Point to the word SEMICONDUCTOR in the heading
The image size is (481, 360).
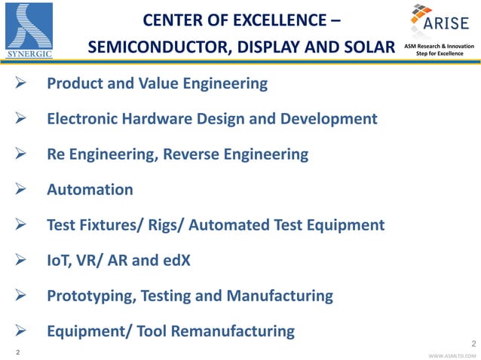tap(152, 48)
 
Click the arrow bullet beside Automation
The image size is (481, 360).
tap(22, 190)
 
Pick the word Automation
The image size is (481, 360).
tap(90, 190)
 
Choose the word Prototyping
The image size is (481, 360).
tap(90, 296)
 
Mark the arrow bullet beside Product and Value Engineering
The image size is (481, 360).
tap(22, 84)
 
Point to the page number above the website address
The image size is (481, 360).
tap(473, 344)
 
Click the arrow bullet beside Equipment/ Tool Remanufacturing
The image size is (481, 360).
tap(22, 331)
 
